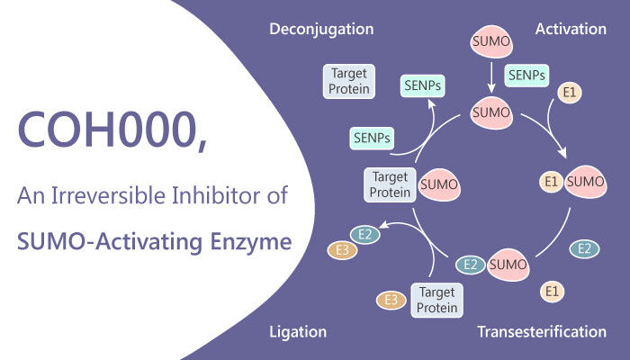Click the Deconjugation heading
(x=321, y=29)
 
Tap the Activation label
(x=571, y=29)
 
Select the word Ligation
(x=298, y=332)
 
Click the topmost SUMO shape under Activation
(x=492, y=43)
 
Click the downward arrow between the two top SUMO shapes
(x=492, y=79)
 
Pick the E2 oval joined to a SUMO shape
(x=468, y=265)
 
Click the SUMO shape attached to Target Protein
(x=437, y=185)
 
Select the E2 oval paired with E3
(x=364, y=237)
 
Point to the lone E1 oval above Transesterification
(x=553, y=291)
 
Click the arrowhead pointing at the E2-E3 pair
(x=384, y=225)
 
